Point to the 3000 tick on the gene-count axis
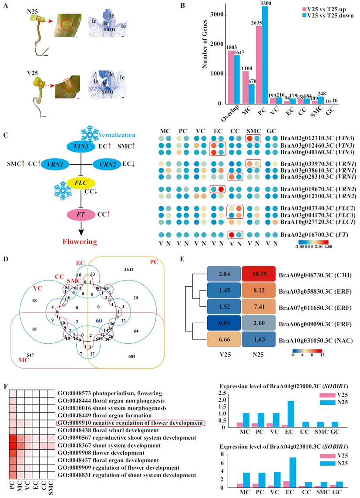(222, 15)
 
